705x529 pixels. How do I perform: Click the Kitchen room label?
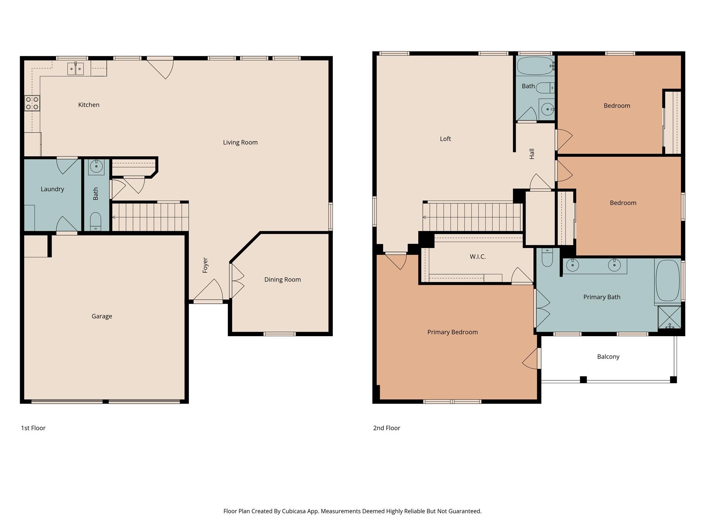[x=88, y=105]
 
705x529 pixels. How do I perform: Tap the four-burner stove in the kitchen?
[x=32, y=103]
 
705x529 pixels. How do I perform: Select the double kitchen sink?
[x=75, y=69]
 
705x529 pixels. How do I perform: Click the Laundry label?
[x=52, y=189]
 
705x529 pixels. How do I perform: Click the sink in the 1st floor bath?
[x=96, y=167]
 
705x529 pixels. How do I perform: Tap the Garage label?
[x=102, y=316]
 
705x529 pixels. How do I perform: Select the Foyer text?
[x=205, y=265]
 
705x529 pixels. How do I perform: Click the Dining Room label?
[x=282, y=280]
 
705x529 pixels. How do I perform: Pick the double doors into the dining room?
[x=236, y=281]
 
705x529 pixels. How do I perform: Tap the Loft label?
[x=445, y=139]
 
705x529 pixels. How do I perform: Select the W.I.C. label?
[x=477, y=257]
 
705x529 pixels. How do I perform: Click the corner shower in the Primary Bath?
[x=669, y=317]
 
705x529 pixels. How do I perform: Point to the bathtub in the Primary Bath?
[x=667, y=281]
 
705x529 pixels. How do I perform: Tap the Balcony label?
[x=608, y=357]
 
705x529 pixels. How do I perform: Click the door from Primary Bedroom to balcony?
[x=532, y=359]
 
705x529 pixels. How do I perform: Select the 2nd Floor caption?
[x=386, y=428]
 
